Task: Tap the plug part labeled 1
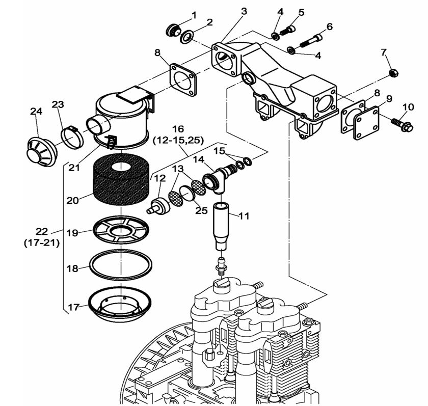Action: tap(172, 30)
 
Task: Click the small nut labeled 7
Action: tap(393, 73)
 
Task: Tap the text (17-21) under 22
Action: tap(41, 243)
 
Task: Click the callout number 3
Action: tap(244, 11)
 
